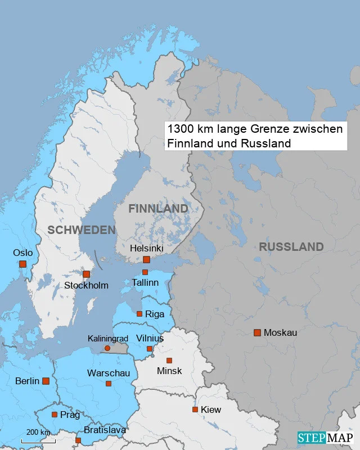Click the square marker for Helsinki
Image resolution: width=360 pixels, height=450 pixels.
[146, 259]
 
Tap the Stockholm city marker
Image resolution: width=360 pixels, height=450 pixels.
[86, 274]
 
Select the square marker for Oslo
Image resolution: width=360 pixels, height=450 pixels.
[22, 264]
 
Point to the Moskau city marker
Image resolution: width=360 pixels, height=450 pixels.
[257, 332]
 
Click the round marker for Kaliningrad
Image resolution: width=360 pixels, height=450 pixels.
[107, 348]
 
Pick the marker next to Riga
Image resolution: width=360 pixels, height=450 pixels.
[139, 314]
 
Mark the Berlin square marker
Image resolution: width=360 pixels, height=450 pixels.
[46, 381]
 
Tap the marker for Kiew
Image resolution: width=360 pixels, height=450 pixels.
[195, 409]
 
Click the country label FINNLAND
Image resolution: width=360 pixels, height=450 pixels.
[158, 209]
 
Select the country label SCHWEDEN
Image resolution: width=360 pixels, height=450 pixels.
[81, 230]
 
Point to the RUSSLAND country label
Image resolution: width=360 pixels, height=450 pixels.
[291, 247]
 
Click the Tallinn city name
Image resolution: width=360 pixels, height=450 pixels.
[145, 282]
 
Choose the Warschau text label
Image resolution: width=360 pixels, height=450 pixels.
[108, 373]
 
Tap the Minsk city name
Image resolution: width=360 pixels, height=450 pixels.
[169, 371]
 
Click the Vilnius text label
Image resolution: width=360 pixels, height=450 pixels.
[150, 338]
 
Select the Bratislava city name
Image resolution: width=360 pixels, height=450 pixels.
[105, 430]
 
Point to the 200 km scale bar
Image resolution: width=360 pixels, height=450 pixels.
[38, 440]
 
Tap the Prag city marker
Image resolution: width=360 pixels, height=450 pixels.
[55, 415]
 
